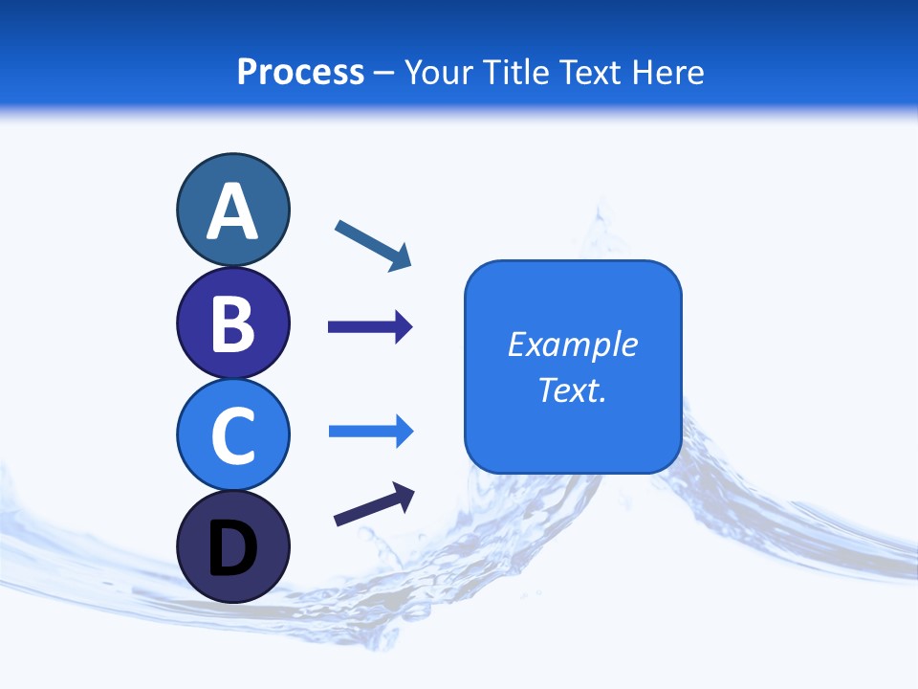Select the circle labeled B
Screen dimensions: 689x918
pyautogui.click(x=232, y=323)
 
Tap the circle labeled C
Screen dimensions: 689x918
pyautogui.click(x=232, y=434)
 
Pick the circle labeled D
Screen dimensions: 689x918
pyautogui.click(x=232, y=546)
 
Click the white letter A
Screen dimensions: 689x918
pyautogui.click(x=232, y=211)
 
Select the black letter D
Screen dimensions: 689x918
pyautogui.click(x=232, y=548)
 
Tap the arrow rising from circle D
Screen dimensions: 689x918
pyautogui.click(x=374, y=504)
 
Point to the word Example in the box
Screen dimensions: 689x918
pyautogui.click(x=572, y=344)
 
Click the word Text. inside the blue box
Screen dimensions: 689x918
pyautogui.click(x=572, y=389)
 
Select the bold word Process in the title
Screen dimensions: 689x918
pyautogui.click(x=300, y=72)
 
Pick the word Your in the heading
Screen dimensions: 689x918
pyautogui.click(x=439, y=72)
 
